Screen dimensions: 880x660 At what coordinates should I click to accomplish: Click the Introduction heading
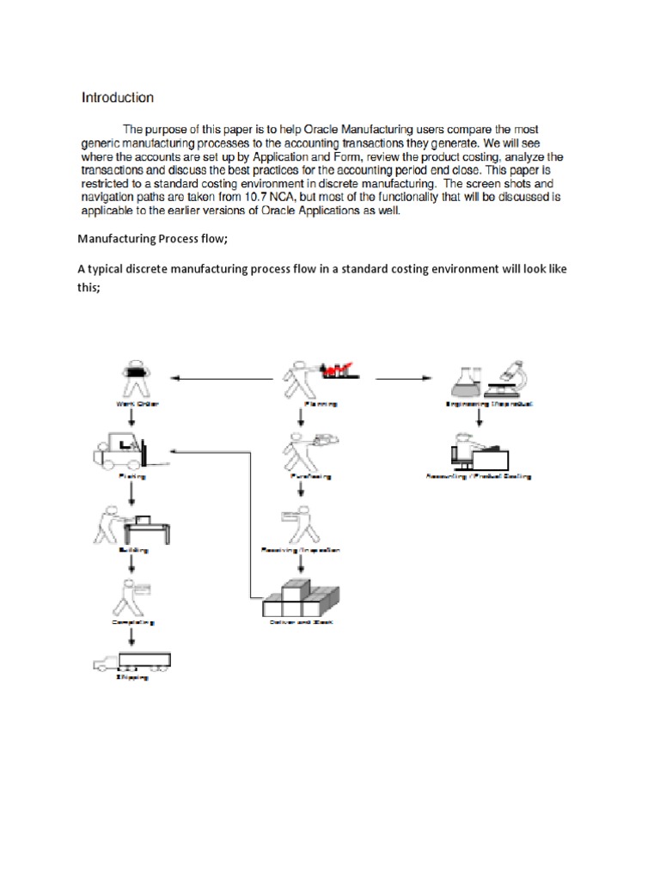point(117,98)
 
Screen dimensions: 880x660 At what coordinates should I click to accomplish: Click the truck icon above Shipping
point(131,661)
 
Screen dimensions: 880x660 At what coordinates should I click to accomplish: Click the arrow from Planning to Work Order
point(223,376)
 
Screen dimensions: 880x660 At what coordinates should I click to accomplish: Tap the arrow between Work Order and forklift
point(131,417)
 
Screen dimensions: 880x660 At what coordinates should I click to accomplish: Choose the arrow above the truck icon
point(131,637)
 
